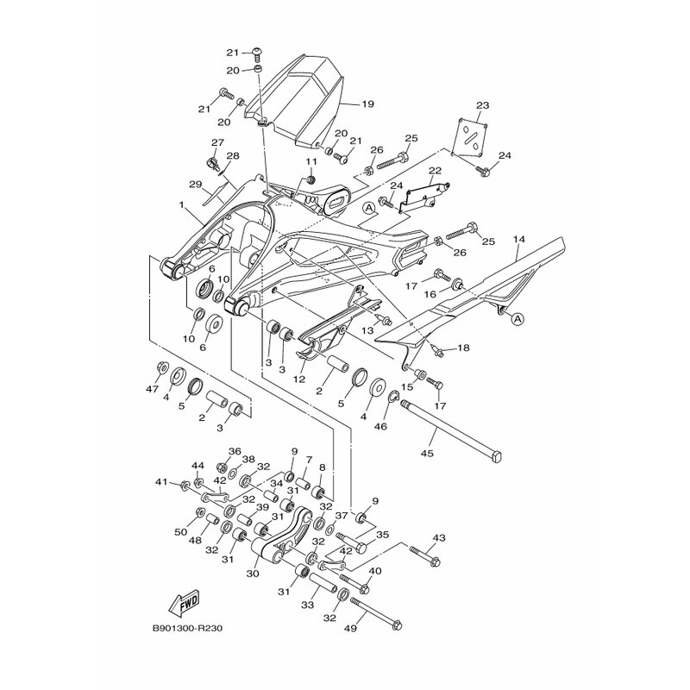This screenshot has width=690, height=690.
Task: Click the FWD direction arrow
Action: click(185, 602)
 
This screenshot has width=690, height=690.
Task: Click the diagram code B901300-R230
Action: click(187, 628)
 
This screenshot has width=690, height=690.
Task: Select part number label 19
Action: click(367, 103)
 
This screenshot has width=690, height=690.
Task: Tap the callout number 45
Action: click(427, 453)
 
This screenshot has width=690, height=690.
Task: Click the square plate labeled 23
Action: click(470, 137)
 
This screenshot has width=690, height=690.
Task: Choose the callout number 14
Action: click(519, 240)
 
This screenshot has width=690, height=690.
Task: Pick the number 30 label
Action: click(253, 574)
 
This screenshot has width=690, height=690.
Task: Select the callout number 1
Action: click(181, 204)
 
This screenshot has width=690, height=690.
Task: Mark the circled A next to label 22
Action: click(369, 207)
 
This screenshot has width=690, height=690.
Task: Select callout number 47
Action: click(153, 389)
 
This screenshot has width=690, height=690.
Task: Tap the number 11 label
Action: click(311, 161)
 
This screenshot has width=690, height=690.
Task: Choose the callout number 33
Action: click(308, 605)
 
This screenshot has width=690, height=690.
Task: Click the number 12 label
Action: click(299, 379)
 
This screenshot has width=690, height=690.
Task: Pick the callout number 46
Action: click(381, 426)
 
